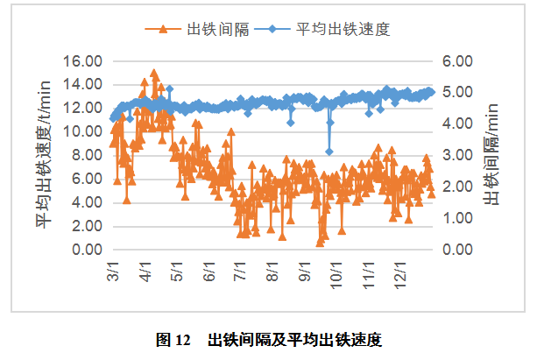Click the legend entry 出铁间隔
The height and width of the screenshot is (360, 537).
pyautogui.click(x=219, y=29)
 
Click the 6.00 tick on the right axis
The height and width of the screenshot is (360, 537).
pyautogui.click(x=456, y=61)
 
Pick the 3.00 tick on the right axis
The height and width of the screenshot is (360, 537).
pyautogui.click(x=456, y=155)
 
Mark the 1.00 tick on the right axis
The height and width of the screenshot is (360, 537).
pyautogui.click(x=456, y=218)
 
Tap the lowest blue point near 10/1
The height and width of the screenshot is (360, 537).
pyautogui.click(x=329, y=152)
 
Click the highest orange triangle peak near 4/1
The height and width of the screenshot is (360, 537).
pyautogui.click(x=154, y=74)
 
